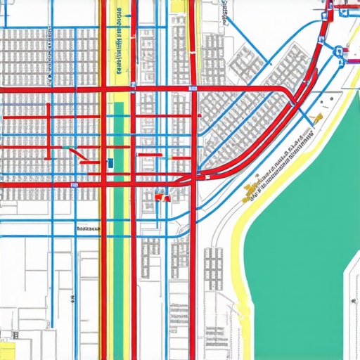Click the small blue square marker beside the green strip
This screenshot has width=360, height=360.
(110, 162)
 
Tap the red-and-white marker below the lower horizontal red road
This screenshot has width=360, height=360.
(161, 198)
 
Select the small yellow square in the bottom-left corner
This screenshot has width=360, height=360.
(7, 351)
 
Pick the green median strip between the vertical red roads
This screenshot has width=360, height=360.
(119, 141)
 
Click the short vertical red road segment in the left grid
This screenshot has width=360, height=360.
(48, 123)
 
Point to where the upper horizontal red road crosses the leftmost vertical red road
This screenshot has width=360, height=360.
(105, 89)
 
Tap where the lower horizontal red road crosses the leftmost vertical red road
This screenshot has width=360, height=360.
(105, 184)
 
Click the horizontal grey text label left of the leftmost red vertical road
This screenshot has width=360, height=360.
(89, 229)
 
